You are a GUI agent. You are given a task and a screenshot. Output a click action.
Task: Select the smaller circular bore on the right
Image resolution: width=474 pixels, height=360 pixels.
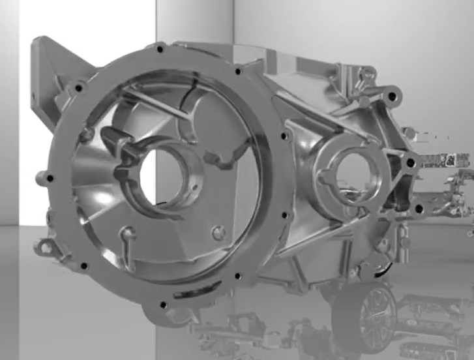pyautogui.click(x=351, y=175)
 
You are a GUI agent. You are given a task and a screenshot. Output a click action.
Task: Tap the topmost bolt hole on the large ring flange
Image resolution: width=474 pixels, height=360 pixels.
pyautogui.click(x=160, y=48)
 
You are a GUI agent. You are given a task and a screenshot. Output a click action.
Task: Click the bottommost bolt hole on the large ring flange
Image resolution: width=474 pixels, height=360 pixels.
pyautogui.click(x=163, y=305)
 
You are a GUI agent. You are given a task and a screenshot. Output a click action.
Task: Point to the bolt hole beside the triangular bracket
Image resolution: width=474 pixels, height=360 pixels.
pyautogui.click(x=80, y=87)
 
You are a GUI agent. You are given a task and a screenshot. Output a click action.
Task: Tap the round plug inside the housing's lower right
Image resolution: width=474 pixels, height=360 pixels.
pyautogui.click(x=219, y=231)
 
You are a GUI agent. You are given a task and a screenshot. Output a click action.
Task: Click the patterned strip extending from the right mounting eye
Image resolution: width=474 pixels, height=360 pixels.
pyautogui.click(x=446, y=158)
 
